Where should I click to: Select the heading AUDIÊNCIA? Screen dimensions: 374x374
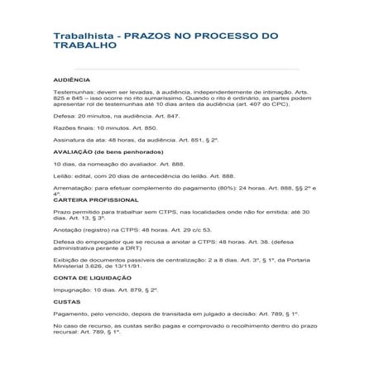tap(72, 80)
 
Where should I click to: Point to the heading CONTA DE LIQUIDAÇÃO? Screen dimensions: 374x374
tap(93, 278)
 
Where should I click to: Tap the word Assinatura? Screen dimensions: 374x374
tap(70, 140)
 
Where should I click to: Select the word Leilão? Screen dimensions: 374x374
tap(63, 175)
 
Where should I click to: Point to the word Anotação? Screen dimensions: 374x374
tap(69, 229)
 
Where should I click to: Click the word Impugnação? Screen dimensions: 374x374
tap(72, 290)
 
